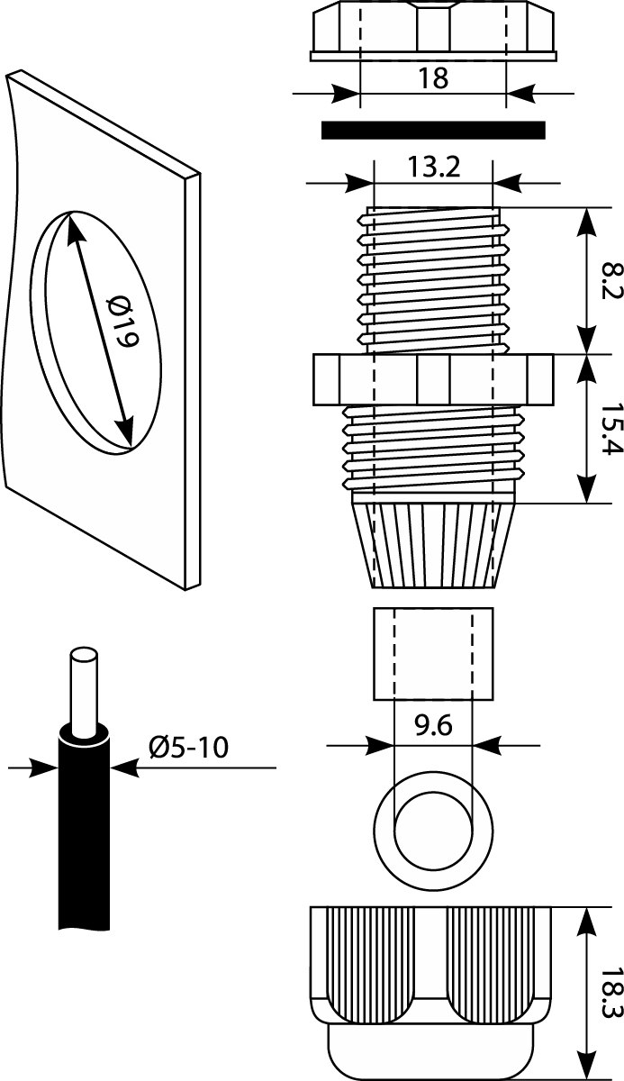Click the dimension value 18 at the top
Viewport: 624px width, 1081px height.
433,78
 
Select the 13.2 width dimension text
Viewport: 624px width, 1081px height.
433,168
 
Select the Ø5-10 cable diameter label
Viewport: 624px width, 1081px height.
190,748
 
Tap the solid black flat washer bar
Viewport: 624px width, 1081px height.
433,131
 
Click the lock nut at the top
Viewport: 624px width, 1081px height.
433,32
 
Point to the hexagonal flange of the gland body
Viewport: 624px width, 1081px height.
433,379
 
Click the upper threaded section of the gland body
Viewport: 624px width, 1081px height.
433,279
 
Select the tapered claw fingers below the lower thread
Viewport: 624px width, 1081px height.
433,540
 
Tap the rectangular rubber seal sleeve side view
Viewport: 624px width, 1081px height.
433,653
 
